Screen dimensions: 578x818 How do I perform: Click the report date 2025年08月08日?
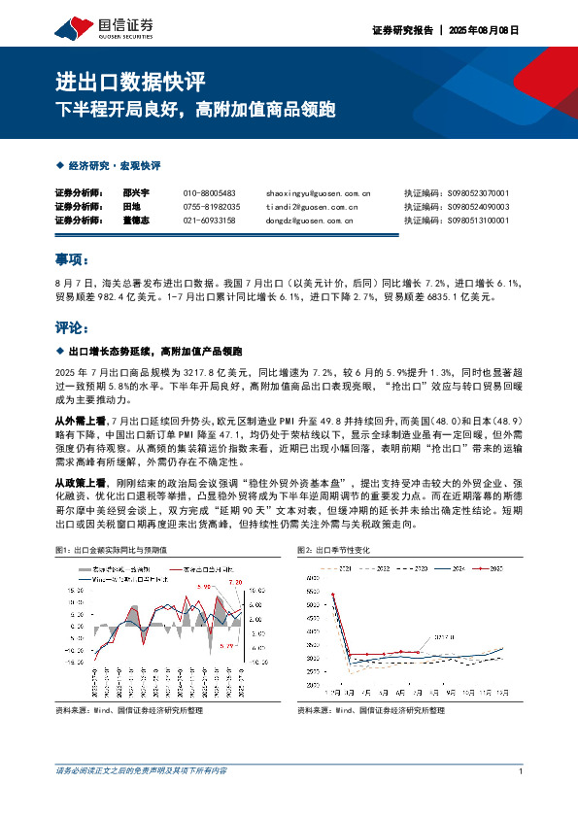click(x=486, y=30)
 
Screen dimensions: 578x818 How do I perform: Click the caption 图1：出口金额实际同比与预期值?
click(x=117, y=550)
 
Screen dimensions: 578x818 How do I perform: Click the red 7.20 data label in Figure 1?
click(x=234, y=582)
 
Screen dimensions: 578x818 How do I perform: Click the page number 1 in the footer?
click(x=523, y=771)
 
